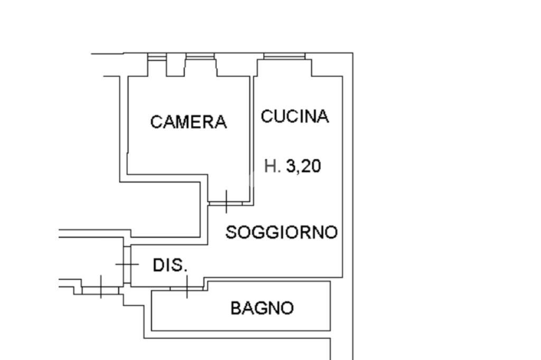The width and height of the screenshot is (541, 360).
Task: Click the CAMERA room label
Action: [189, 122]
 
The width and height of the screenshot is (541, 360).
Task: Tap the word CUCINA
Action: [295, 116]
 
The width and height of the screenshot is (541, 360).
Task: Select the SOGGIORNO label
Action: [282, 232]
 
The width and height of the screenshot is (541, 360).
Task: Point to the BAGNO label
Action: [262, 308]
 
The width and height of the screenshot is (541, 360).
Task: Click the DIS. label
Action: [170, 265]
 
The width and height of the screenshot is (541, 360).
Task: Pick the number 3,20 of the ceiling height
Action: [304, 166]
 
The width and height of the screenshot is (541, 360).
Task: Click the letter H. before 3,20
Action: [272, 166]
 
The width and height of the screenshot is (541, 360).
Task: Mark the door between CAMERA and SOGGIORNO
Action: [226, 203]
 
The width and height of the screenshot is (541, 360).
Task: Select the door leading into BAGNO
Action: [186, 288]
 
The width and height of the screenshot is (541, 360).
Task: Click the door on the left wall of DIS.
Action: [127, 264]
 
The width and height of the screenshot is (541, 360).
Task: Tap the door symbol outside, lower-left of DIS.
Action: [100, 290]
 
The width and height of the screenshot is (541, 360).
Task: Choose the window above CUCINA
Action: [284, 56]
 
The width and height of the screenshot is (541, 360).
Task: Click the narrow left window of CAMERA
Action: [157, 56]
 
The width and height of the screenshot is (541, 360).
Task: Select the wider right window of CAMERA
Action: [200, 56]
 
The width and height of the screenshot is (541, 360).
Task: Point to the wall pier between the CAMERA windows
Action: [176, 65]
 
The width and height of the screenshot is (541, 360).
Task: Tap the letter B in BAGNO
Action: [236, 308]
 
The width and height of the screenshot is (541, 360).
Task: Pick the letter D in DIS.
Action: [158, 265]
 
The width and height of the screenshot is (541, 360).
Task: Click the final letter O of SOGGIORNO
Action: [331, 232]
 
